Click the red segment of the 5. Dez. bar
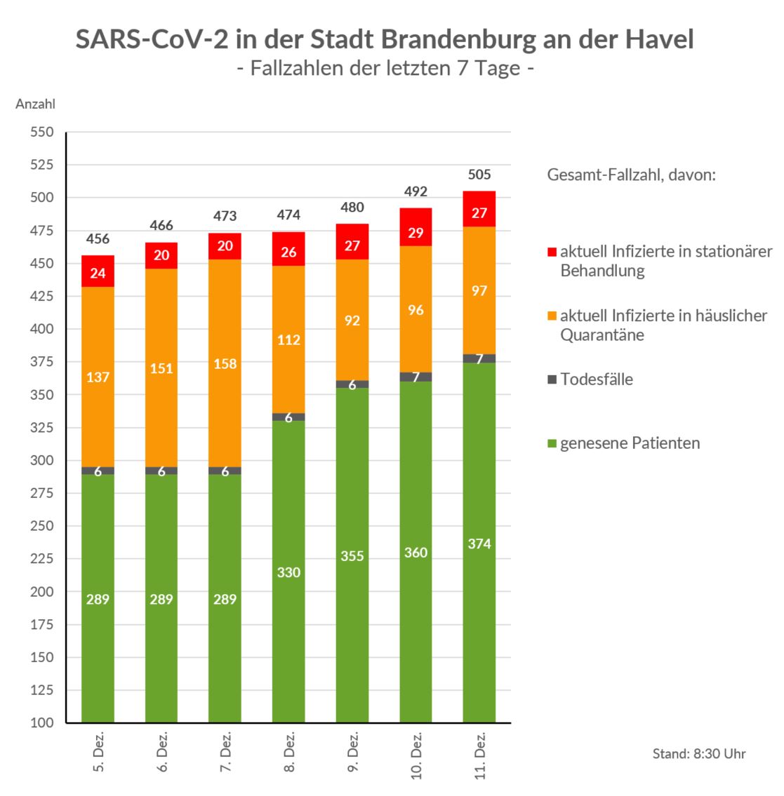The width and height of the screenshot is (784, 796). [98, 271]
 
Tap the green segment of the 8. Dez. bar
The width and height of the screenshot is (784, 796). [288, 572]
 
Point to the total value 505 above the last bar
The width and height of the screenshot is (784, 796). [479, 175]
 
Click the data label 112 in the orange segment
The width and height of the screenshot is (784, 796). [288, 340]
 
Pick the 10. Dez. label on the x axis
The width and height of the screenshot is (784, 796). [417, 756]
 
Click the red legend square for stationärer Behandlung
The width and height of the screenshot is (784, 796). [552, 252]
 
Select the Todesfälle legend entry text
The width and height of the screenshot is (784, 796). [597, 379]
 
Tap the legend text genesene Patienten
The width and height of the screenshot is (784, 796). [630, 443]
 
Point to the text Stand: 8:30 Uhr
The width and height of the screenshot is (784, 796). [699, 754]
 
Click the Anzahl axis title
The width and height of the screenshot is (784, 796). [35, 104]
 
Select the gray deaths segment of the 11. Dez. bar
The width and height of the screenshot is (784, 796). [479, 358]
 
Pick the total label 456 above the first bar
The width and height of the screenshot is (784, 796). [98, 239]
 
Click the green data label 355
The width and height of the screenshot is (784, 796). [352, 556]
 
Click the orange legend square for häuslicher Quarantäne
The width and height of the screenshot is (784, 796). [552, 316]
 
